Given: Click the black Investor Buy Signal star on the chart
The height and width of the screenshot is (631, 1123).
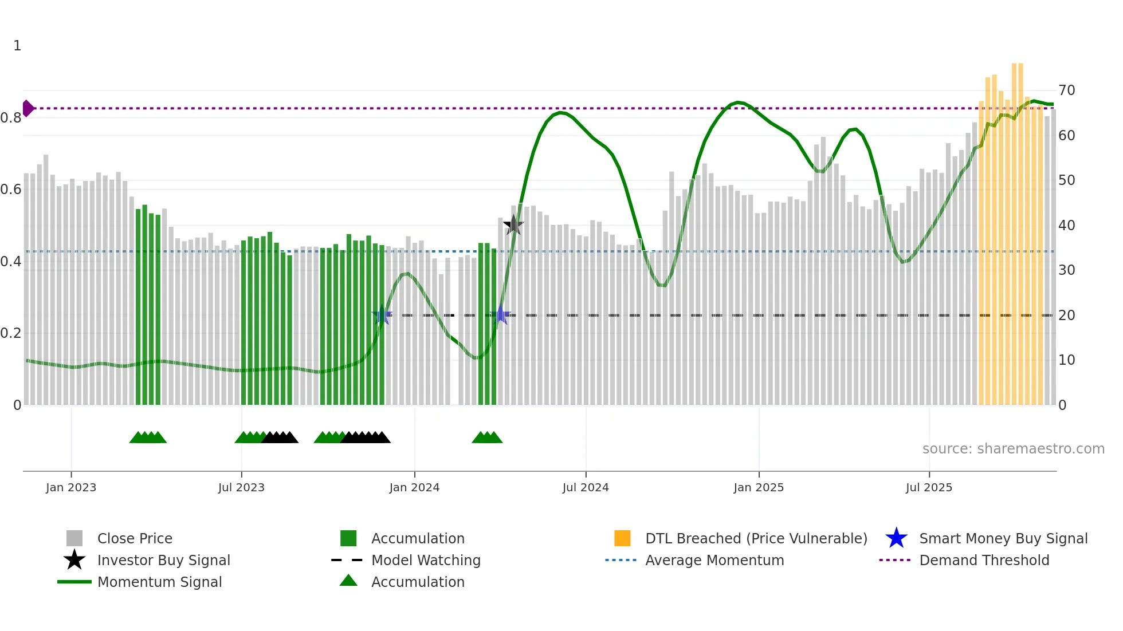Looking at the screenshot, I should [513, 225].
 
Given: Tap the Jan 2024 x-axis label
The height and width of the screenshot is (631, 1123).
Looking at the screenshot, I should [414, 487].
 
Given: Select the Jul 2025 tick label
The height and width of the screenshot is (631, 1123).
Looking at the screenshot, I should [929, 487].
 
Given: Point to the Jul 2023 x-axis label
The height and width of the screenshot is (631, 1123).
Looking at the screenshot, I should [241, 487].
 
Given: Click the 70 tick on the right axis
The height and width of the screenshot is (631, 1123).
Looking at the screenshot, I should [1066, 90].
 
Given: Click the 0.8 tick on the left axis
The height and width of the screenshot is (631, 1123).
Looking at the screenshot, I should [11, 118].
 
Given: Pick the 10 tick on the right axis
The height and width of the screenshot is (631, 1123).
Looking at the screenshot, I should [1066, 360].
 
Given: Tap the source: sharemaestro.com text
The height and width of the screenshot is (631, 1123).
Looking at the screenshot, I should [1013, 449].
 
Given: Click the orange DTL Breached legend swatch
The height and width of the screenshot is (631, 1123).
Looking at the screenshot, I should [622, 538].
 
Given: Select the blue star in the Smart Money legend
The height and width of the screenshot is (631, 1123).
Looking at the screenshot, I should [896, 538].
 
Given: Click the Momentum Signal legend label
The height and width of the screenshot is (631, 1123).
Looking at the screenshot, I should [159, 582].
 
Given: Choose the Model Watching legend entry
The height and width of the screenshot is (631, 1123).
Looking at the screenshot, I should [426, 560].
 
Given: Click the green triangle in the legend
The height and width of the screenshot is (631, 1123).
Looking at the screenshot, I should [348, 581].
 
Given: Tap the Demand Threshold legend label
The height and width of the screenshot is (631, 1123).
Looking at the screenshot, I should [984, 560].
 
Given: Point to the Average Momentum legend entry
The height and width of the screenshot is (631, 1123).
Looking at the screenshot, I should [714, 560].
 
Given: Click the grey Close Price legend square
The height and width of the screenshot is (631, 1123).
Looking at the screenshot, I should [74, 538].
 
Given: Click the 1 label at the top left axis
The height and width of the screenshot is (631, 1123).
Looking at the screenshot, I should [17, 46].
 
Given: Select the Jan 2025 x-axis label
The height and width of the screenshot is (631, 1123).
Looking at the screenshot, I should [759, 487].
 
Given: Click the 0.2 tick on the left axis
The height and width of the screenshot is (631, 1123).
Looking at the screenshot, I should [11, 333].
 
